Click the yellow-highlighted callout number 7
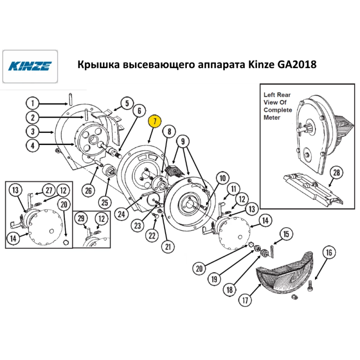coord(155,121)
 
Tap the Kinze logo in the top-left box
coord(30,66)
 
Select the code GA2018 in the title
coord(297,64)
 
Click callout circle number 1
coord(32,103)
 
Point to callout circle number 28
coord(336,172)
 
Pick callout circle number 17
coord(245,300)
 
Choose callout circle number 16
coord(329,252)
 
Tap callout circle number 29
coord(81,219)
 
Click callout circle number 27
coord(49,190)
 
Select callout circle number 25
coord(105,202)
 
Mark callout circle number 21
coord(168,247)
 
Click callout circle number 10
coord(222,178)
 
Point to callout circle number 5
coord(127,103)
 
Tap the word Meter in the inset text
coord(272,118)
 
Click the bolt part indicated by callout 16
coord(310,286)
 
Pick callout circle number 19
coord(214,279)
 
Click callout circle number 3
coord(32,131)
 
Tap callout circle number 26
coord(89,190)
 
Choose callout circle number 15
coord(286,234)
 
